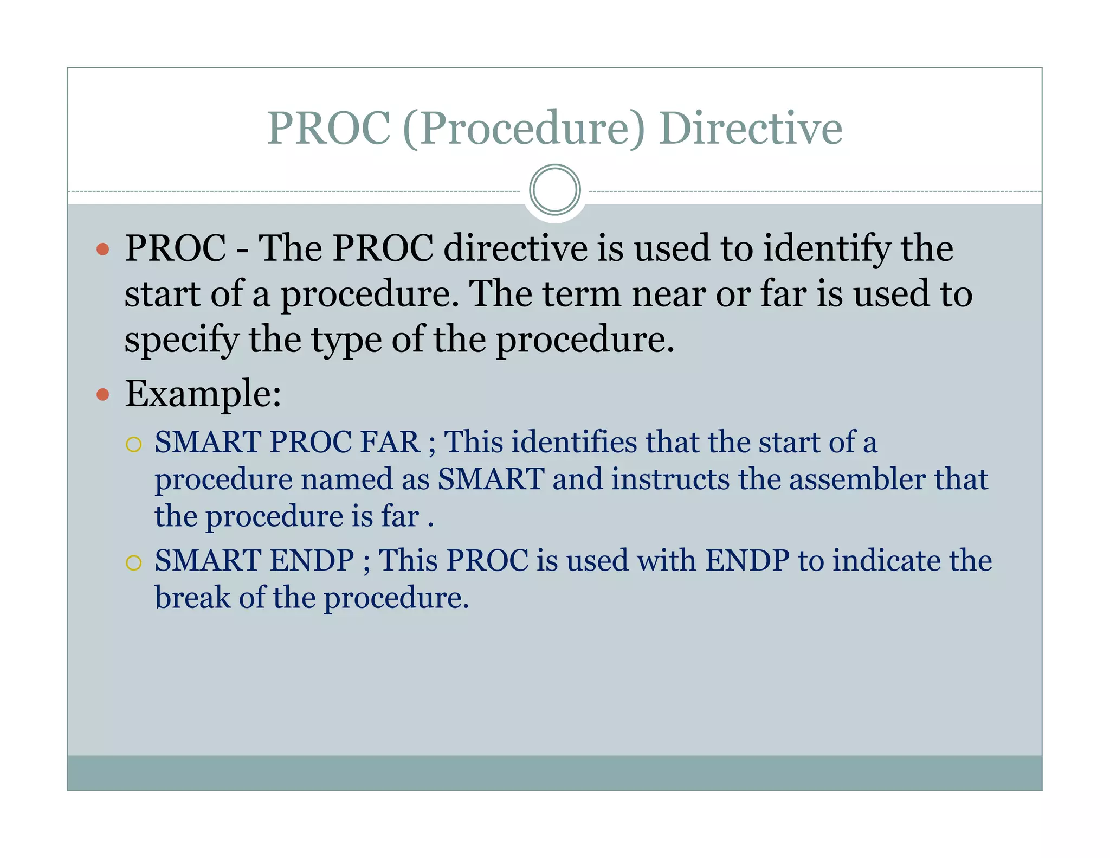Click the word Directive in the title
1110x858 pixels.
(x=750, y=129)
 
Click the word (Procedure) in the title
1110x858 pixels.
(x=524, y=129)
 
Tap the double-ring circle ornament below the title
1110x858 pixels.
(x=554, y=190)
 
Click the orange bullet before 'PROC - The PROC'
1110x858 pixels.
(x=102, y=249)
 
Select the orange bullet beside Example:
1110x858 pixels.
(x=102, y=394)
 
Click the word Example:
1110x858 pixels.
(x=203, y=394)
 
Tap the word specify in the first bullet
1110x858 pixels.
(x=182, y=341)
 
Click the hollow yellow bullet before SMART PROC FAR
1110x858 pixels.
(x=133, y=445)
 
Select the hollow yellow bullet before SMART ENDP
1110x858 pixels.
(x=133, y=562)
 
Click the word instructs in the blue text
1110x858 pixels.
(x=670, y=479)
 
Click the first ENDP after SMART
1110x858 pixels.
(x=312, y=560)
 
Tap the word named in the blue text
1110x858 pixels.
(x=347, y=479)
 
